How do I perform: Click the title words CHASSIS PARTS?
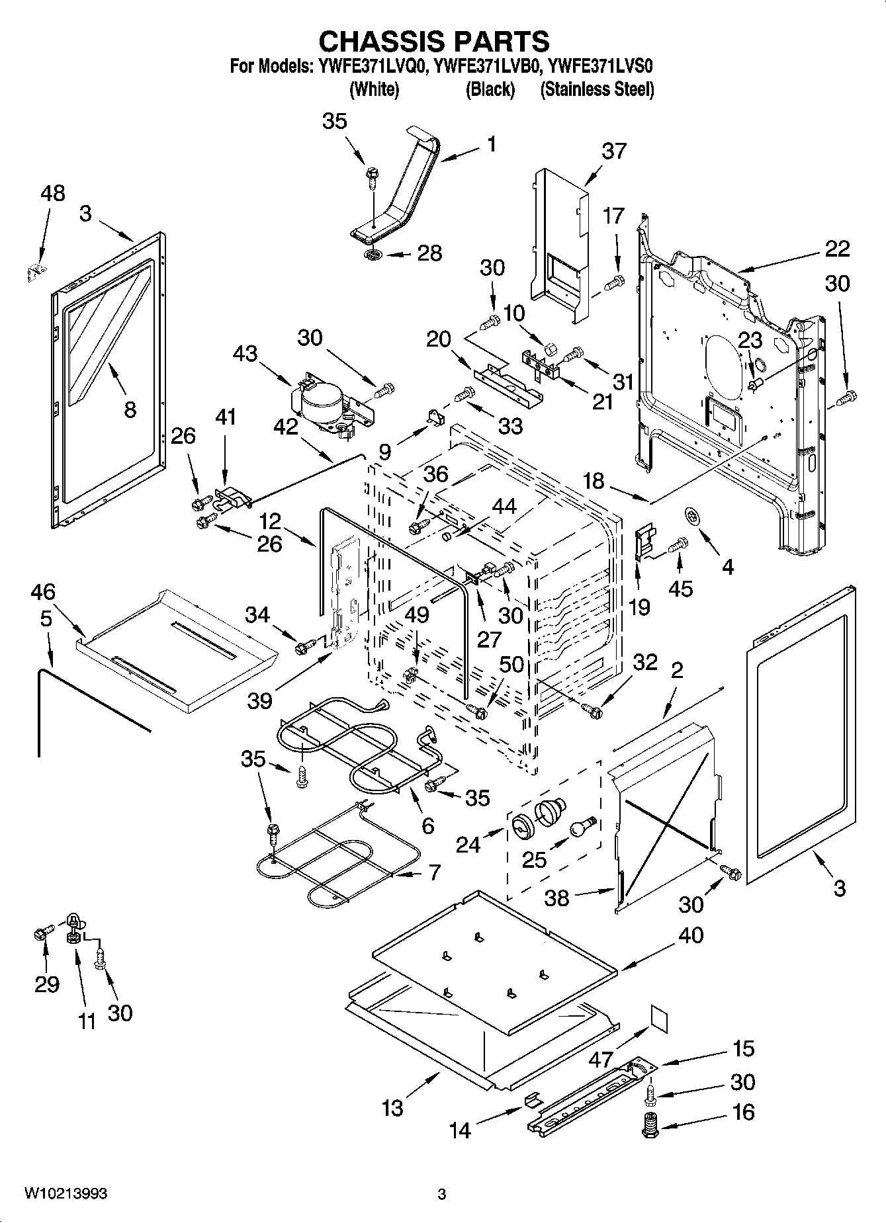[x=434, y=41]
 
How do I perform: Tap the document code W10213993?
[x=66, y=1193]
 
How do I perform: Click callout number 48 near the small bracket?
[x=53, y=193]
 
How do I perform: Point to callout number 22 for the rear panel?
[x=837, y=249]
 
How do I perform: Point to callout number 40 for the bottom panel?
[x=690, y=935]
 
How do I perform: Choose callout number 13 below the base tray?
[x=392, y=1107]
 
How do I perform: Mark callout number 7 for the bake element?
[x=434, y=872]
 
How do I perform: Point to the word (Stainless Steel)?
[x=597, y=89]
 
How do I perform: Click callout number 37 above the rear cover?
[x=614, y=151]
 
